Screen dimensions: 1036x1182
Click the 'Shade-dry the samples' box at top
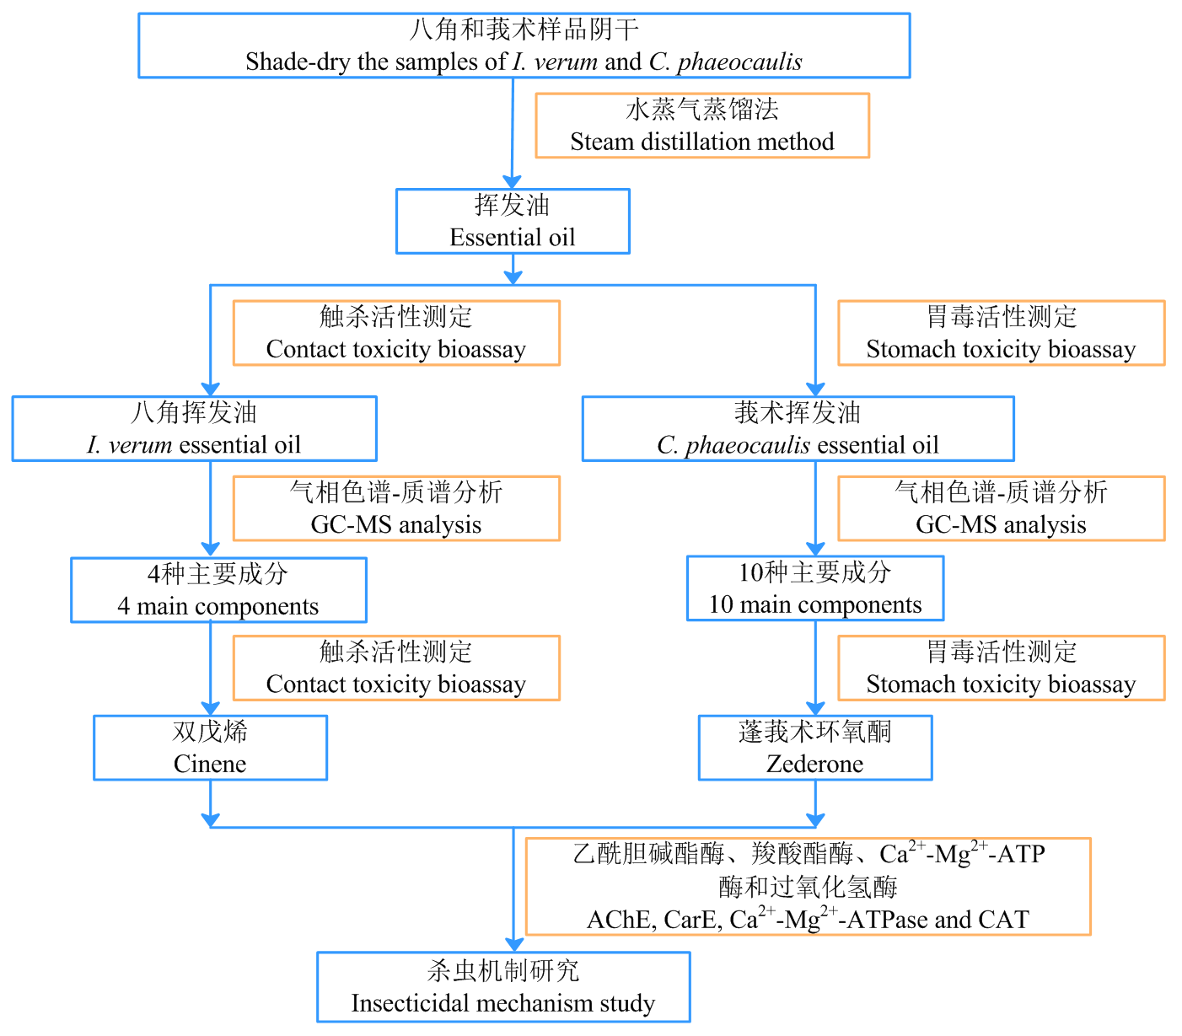coord(524,46)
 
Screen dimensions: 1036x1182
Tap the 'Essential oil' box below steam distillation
coord(513,221)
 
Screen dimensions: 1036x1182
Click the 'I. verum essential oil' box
coord(194,428)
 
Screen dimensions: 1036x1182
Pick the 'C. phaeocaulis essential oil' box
coord(798,428)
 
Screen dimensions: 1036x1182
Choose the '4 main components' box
coord(218,590)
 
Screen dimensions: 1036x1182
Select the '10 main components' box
coord(814,588)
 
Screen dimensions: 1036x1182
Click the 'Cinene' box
coord(210,748)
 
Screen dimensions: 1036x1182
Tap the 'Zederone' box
coord(814,748)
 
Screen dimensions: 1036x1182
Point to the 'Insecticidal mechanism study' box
coord(503,987)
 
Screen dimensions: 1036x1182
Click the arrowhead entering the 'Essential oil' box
coord(512,181)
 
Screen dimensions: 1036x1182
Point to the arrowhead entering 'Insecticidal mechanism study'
coord(513,944)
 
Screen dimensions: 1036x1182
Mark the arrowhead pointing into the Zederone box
coord(815,708)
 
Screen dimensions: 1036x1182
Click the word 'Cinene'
coord(210,764)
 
